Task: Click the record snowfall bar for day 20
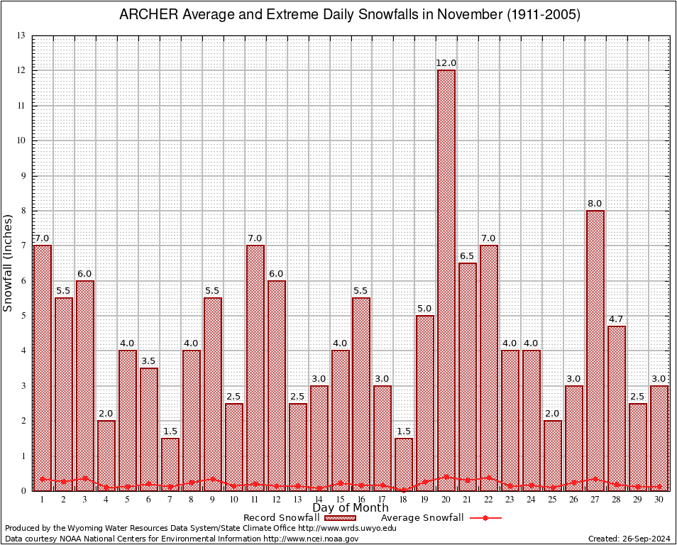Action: [x=446, y=280]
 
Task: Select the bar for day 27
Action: [x=595, y=351]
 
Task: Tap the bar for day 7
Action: [x=170, y=464]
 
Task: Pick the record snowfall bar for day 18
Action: [x=404, y=464]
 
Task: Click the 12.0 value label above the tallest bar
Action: [x=446, y=63]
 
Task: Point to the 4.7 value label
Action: [x=617, y=319]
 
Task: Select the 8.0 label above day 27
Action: [x=595, y=204]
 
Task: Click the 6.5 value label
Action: [x=468, y=256]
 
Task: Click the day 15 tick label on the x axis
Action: [x=340, y=500]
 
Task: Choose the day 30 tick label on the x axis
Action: [x=659, y=500]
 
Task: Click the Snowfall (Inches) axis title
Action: [x=9, y=263]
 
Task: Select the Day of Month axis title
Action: [x=351, y=508]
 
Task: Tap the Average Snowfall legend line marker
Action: [x=485, y=518]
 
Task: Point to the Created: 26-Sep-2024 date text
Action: [x=629, y=539]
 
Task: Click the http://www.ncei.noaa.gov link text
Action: [x=311, y=539]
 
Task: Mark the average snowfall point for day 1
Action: [x=43, y=479]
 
